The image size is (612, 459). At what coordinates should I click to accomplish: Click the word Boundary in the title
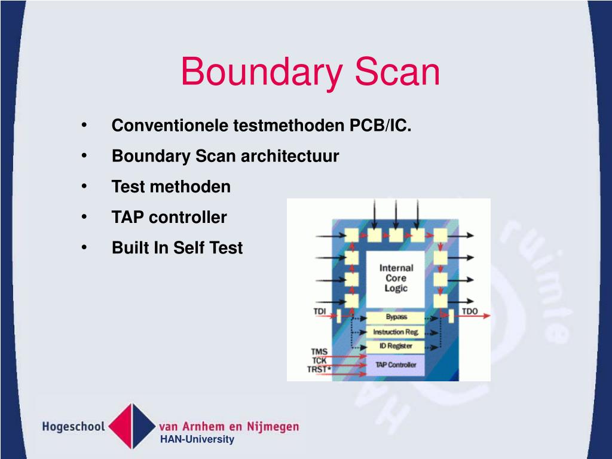pos(262,72)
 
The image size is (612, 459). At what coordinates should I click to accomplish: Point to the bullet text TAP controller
pos(169,217)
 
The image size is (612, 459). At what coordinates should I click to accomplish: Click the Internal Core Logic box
pos(396,279)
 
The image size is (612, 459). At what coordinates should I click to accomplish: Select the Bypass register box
pos(396,317)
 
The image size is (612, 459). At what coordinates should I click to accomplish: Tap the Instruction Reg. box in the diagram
pos(396,332)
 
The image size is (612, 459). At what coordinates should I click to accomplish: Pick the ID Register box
pos(396,346)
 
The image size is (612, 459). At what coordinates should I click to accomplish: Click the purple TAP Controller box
pos(396,365)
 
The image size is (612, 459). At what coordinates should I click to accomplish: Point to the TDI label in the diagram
pos(320,311)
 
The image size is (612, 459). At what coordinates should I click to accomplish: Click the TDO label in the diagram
pos(470,311)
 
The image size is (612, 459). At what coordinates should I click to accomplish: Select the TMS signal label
pos(319,352)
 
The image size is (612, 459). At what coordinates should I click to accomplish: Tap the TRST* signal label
pos(319,370)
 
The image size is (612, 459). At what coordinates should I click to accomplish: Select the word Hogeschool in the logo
pos(74,427)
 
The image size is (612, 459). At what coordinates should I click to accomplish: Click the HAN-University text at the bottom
pos(197,440)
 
